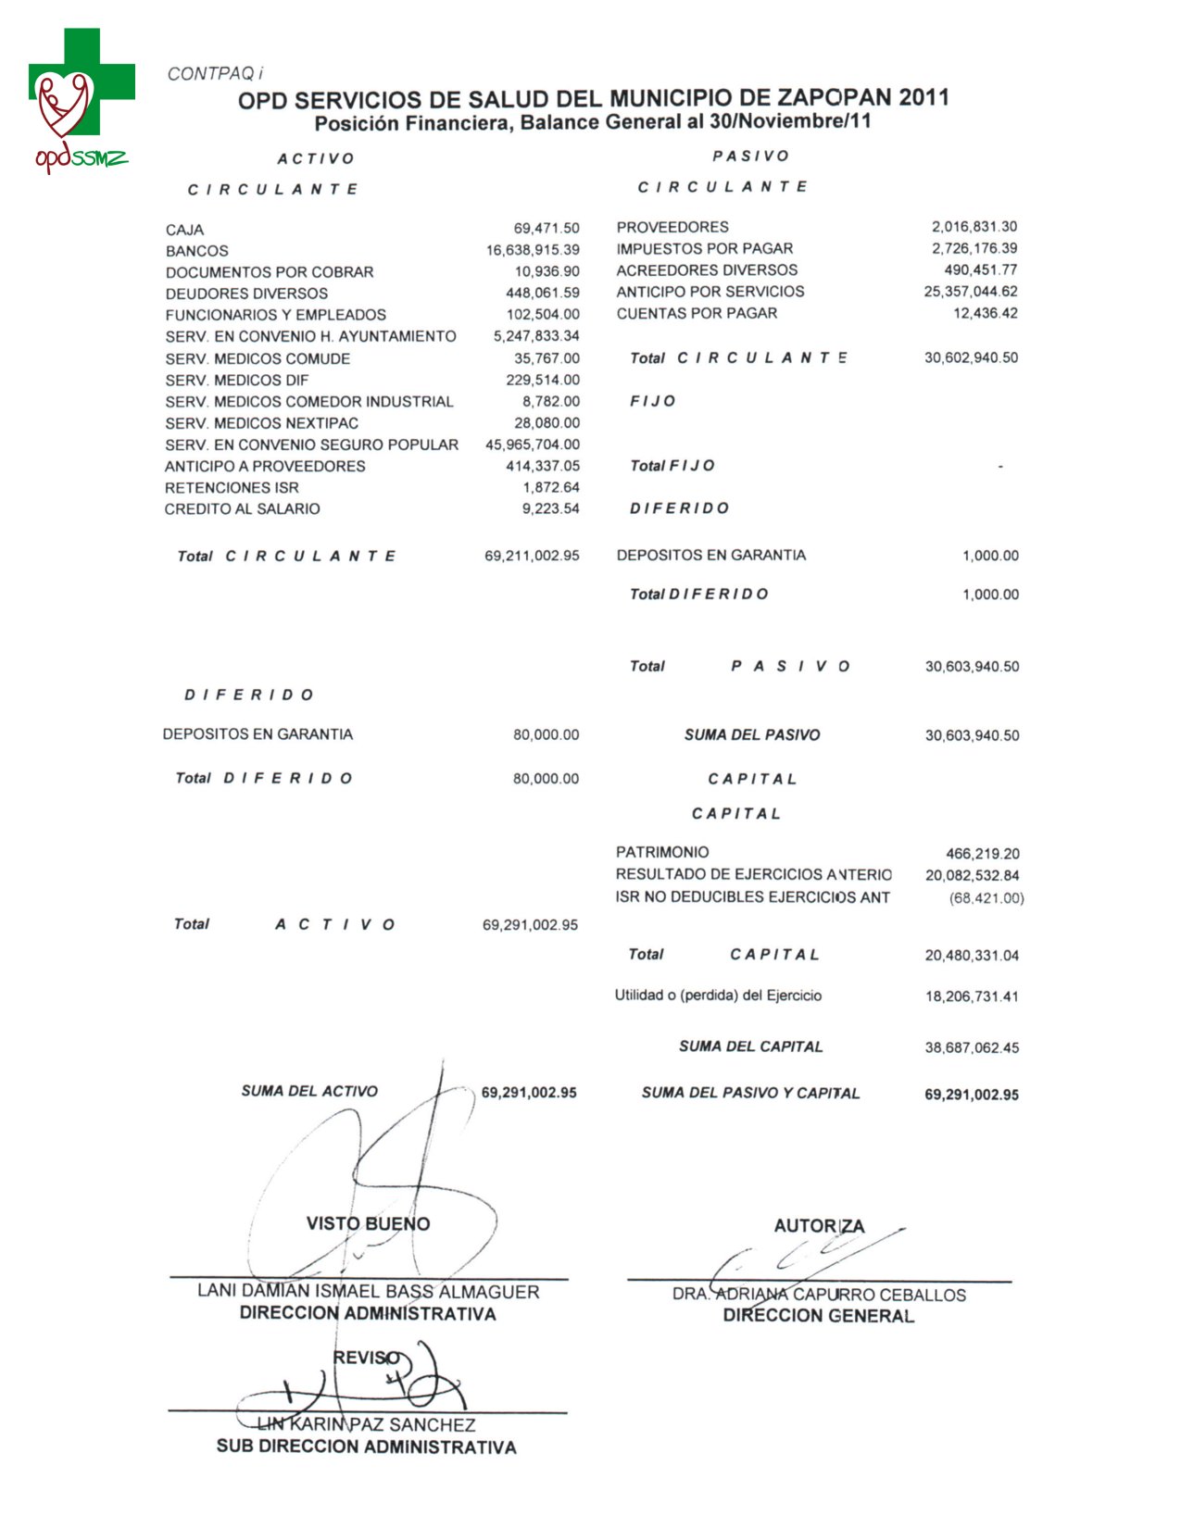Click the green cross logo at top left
tap(82, 83)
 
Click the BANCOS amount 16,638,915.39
tap(533, 250)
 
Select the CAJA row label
tap(185, 230)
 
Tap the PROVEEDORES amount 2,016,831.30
tap(974, 227)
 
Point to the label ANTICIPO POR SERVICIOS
tap(710, 292)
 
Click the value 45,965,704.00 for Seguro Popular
tap(533, 445)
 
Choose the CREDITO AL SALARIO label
tap(242, 509)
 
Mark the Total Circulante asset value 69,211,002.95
tap(532, 556)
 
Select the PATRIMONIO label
tap(662, 852)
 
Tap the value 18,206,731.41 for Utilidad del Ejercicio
tap(971, 996)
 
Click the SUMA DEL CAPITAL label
tap(750, 1046)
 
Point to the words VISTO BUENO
tap(368, 1224)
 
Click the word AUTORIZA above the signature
tap(819, 1226)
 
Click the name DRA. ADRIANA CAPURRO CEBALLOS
tap(819, 1295)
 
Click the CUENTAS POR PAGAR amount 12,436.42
tap(985, 313)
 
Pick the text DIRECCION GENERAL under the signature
tap(818, 1316)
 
